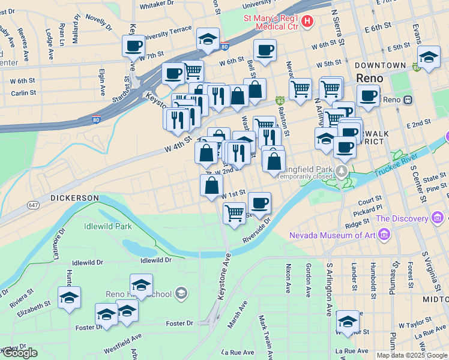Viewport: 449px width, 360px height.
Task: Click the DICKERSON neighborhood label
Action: [x=74, y=197]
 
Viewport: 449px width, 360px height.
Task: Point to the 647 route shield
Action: [x=33, y=205]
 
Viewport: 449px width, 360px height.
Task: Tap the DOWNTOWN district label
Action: [x=380, y=65]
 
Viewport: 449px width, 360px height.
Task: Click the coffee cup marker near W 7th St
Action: [x=133, y=45]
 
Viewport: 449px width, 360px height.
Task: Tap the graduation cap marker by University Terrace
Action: [x=208, y=39]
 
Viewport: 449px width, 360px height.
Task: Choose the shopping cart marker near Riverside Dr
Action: [x=234, y=212]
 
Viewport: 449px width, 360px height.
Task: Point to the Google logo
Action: [x=19, y=353]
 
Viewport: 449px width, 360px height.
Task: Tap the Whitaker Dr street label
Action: [x=156, y=4]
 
